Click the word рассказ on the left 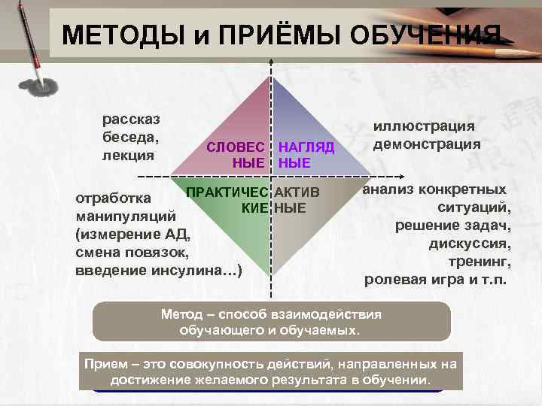tap(126, 120)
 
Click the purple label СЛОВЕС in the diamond tap(236, 147)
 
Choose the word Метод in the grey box tap(181, 314)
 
